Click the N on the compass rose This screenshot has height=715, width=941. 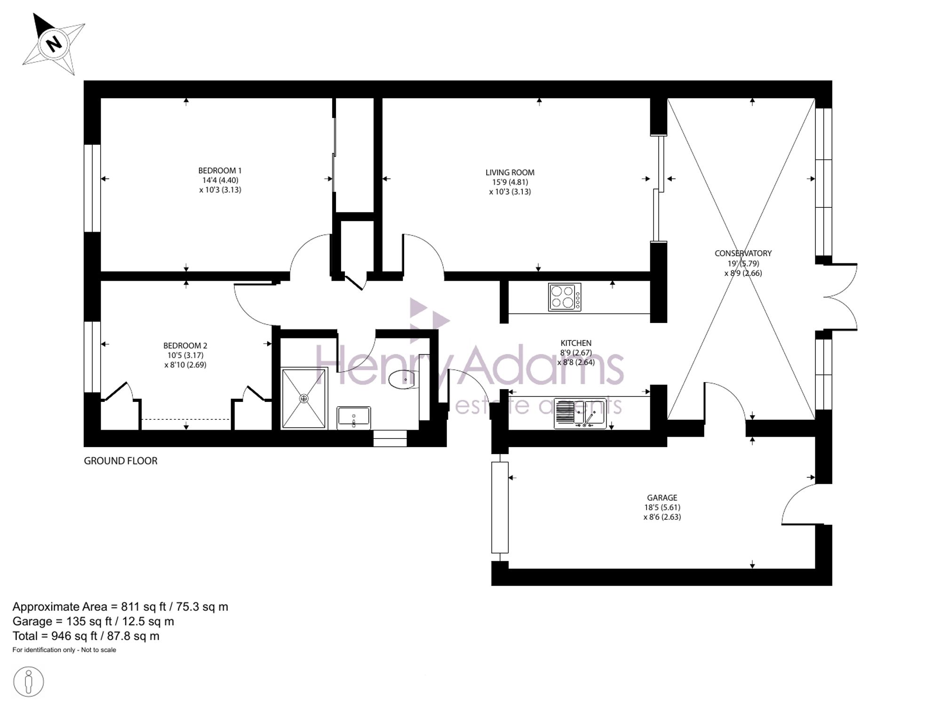pos(54,44)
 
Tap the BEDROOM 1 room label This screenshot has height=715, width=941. pos(220,171)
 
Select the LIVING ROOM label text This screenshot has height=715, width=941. pos(510,173)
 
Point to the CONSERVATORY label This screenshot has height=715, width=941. pos(743,253)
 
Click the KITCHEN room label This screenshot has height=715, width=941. pos(576,343)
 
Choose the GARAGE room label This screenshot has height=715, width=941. pos(662,497)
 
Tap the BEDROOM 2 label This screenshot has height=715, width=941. pos(185,346)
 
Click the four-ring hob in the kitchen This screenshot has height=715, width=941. pos(565,297)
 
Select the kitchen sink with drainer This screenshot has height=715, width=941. pos(580,414)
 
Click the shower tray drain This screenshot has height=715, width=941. pos(304,399)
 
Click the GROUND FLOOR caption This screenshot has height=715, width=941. pos(120,461)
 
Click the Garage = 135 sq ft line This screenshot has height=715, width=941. pos(93,621)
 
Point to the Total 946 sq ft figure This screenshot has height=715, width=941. pos(86,636)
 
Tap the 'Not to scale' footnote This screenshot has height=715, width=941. pos(98,650)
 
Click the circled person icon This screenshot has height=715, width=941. pos(29,682)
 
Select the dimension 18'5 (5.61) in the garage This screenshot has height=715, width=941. pos(662,507)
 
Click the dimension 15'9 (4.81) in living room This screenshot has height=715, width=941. pos(510,182)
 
